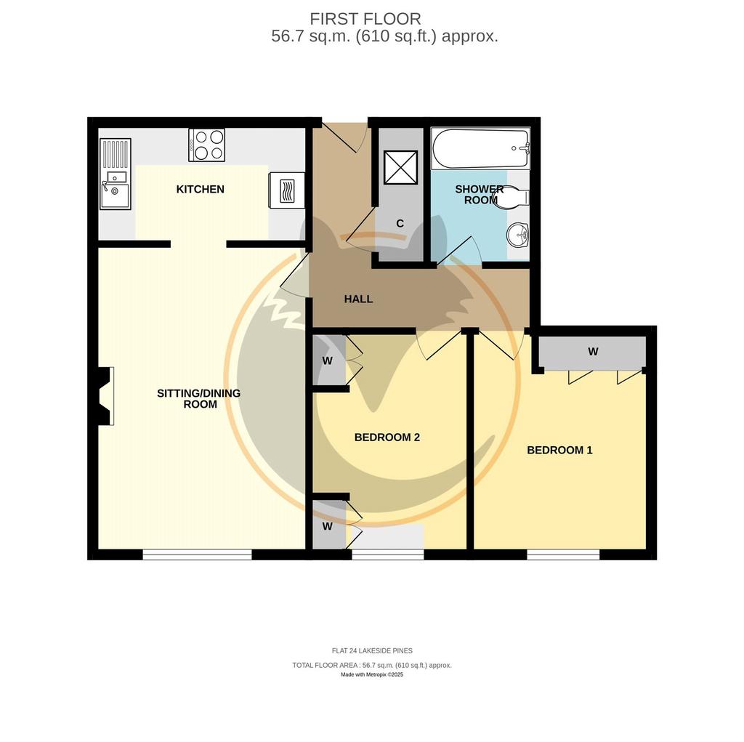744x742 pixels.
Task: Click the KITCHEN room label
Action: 201,190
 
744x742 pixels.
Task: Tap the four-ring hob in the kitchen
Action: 207,145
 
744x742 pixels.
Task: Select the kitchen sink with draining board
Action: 116,174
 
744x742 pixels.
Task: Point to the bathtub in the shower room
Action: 480,148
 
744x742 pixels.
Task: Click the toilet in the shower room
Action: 511,196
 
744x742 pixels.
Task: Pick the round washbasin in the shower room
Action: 518,235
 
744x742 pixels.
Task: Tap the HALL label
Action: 358,299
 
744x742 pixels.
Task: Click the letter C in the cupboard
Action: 400,224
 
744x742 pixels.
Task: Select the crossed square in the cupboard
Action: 401,168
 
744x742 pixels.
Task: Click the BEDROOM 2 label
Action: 387,437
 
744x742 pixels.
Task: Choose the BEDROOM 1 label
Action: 560,450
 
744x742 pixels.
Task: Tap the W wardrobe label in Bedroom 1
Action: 593,352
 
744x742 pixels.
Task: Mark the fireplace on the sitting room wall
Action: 105,396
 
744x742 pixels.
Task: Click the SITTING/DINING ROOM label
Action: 199,399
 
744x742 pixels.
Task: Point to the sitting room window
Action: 197,555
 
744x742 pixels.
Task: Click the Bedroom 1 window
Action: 563,555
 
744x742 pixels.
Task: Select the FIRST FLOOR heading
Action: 365,19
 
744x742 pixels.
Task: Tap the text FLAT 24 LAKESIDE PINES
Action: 372,651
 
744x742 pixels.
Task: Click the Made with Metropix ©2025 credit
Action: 372,674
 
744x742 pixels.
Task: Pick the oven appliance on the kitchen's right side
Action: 286,190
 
